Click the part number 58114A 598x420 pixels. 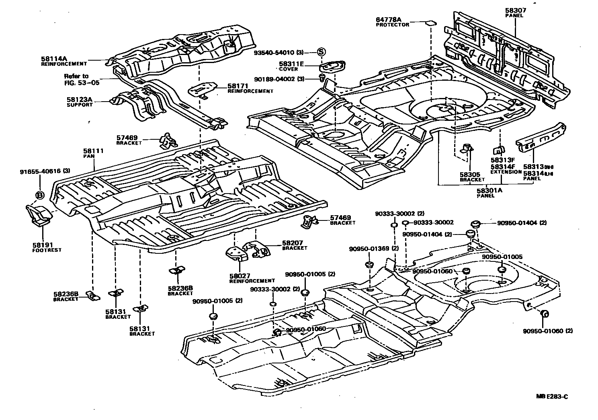coord(54,58)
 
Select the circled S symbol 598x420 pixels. coord(321,52)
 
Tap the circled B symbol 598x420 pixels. coord(40,195)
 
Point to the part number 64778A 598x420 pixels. coord(389,19)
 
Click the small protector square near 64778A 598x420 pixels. coord(430,23)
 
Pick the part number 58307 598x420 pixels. coord(516,10)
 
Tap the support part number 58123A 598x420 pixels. coord(79,99)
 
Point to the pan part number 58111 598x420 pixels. coord(93,151)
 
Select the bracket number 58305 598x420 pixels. coord(470,175)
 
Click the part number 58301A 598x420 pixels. coord(489,191)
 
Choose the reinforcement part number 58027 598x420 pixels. coord(240,276)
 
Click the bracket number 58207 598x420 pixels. coord(293,243)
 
